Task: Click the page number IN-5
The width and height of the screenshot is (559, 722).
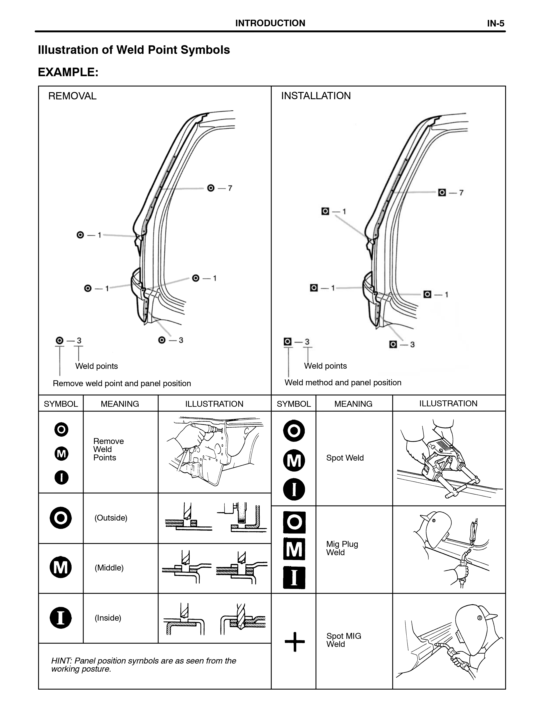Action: point(496,23)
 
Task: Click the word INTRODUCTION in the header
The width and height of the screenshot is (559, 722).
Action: point(270,23)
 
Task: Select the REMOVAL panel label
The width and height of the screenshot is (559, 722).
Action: point(72,96)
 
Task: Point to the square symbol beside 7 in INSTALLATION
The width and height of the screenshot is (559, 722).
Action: point(442,192)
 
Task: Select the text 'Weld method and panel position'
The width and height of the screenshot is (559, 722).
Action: point(343,382)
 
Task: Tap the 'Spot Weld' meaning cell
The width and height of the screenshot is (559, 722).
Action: point(345,458)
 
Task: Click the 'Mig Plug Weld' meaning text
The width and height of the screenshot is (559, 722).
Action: point(342,548)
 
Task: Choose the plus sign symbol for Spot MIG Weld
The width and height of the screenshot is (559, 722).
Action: point(294,642)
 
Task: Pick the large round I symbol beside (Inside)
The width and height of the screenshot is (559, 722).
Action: point(61,618)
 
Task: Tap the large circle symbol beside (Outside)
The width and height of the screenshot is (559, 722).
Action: point(61,518)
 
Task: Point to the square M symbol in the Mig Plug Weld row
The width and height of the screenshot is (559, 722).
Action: point(294,550)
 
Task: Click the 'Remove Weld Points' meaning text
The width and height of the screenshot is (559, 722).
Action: point(108,449)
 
